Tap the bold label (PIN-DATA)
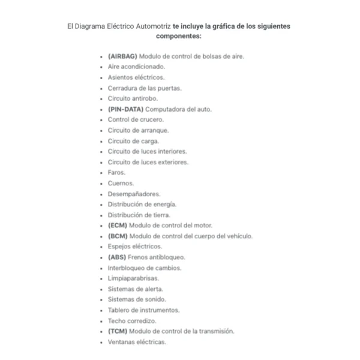(125, 109)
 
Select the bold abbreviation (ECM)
(118, 226)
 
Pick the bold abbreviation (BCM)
(118, 236)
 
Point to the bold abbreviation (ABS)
(117, 257)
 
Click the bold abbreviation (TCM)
(118, 331)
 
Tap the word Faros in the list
(116, 173)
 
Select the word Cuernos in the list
(121, 183)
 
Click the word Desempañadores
(134, 194)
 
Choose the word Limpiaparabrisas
(133, 278)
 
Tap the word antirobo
(143, 98)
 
